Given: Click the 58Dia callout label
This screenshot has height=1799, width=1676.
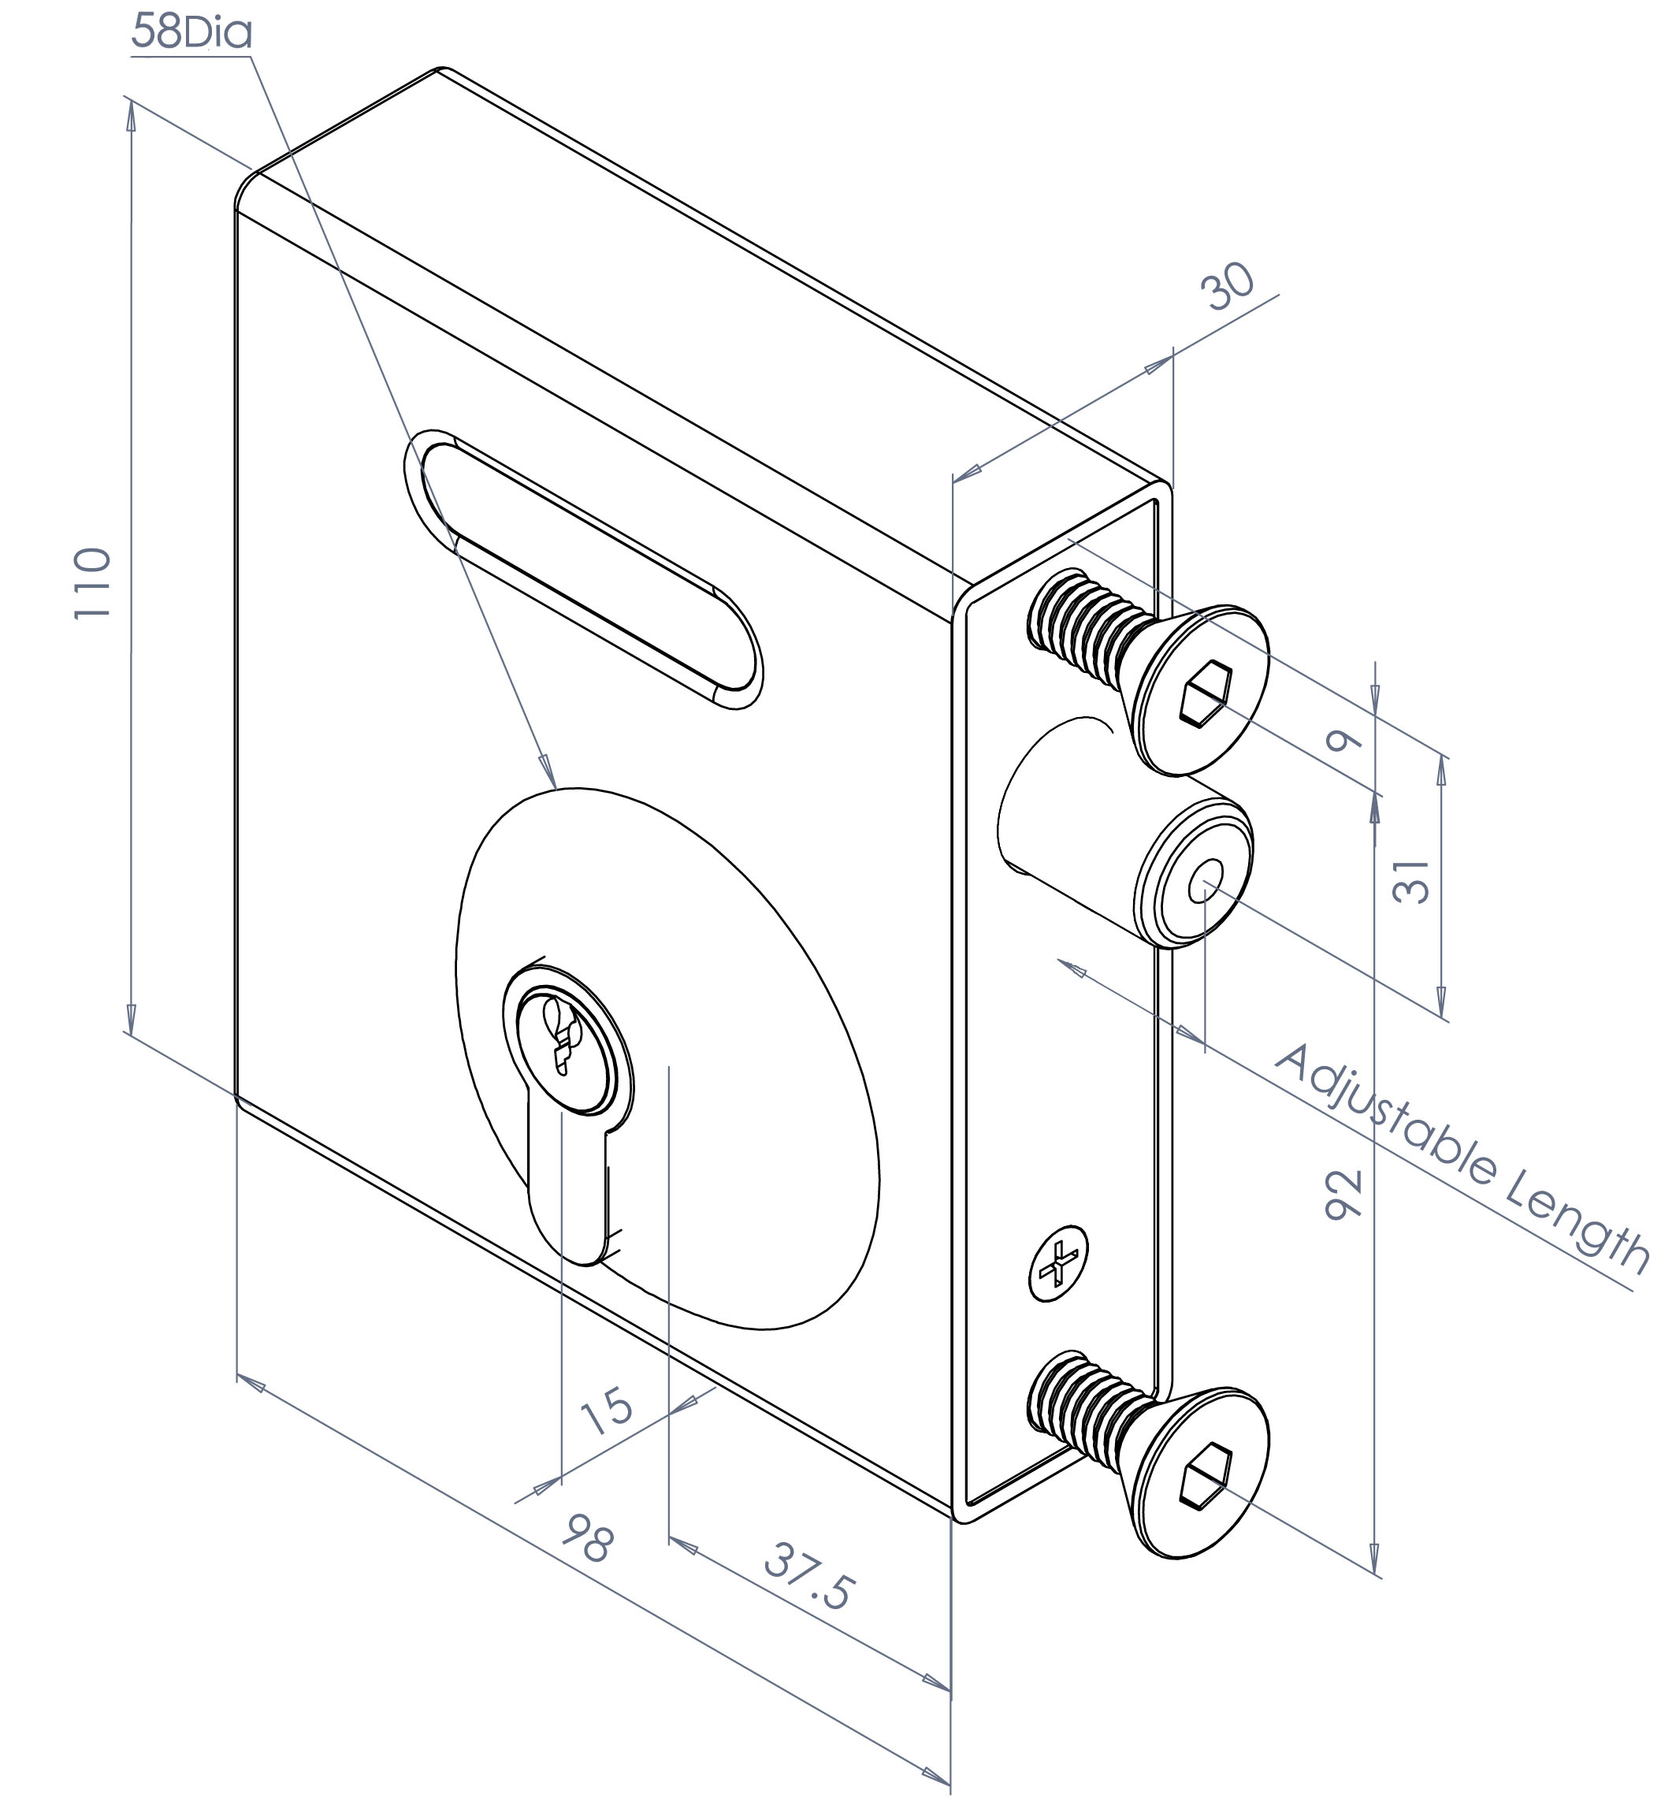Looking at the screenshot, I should click(x=191, y=32).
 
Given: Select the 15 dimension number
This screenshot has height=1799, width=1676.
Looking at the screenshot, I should click(x=606, y=1410).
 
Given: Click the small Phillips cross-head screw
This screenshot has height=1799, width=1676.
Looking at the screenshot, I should click(x=1058, y=1264).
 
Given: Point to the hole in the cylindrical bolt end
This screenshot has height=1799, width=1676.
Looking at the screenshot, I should click(x=1206, y=880).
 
